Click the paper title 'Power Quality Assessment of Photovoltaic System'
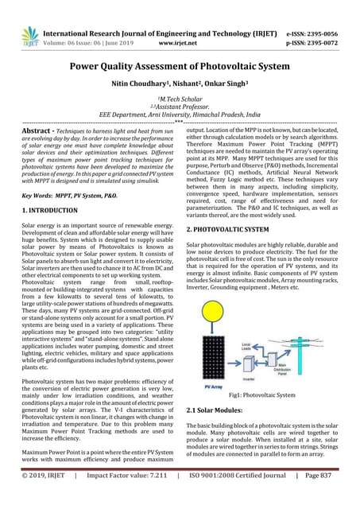tap(180, 69)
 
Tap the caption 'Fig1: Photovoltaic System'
tap(261, 394)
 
